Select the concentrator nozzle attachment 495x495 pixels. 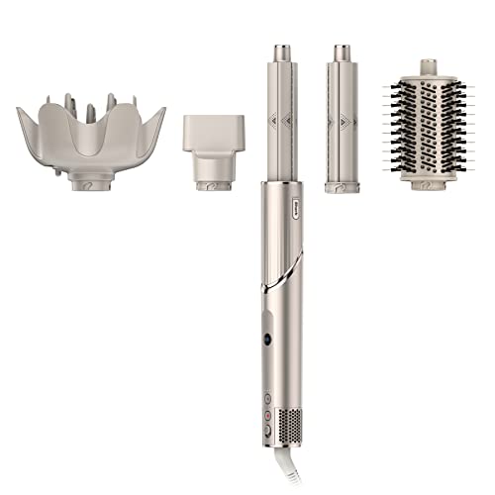tap(213, 144)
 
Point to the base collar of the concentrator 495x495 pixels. tap(213, 184)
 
